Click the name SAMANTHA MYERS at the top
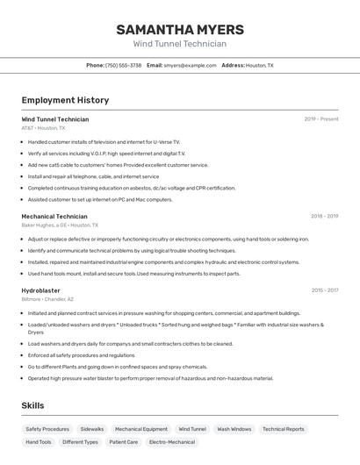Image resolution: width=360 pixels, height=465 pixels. point(179,29)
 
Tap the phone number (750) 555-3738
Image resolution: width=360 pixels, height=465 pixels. point(123,65)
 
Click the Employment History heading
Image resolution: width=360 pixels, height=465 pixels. point(65,100)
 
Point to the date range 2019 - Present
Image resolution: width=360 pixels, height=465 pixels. point(320,119)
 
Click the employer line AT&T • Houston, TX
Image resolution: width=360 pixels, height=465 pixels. point(43,128)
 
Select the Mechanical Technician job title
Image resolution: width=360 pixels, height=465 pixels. point(54,216)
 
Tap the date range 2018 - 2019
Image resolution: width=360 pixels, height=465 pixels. point(324,216)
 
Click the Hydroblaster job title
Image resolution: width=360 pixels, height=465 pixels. point(40,290)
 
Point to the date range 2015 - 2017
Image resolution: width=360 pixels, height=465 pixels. point(324,290)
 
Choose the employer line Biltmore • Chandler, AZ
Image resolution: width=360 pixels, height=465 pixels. point(47,299)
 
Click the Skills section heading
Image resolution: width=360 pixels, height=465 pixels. point(32,405)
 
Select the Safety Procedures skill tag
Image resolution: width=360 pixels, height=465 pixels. point(47,429)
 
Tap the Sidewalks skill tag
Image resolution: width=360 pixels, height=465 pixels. point(92,429)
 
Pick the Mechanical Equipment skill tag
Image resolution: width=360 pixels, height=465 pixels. point(141,429)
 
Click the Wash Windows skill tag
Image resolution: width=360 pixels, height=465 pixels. point(234,429)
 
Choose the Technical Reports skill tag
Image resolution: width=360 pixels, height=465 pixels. point(284,429)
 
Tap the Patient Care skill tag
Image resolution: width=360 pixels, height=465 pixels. point(124,442)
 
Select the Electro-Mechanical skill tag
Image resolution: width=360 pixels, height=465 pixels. point(172,442)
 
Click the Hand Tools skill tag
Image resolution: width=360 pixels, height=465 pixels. point(39,442)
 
